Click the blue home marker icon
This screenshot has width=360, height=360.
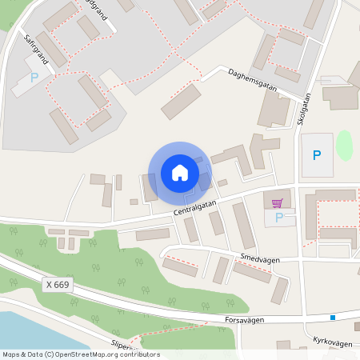tap(179, 173)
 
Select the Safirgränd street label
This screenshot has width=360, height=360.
tap(37, 49)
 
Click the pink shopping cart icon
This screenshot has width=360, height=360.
tap(277, 203)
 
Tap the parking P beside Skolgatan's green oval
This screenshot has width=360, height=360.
tap(317, 155)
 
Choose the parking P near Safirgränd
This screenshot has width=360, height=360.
tap(34, 78)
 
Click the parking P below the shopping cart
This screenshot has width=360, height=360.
tap(278, 217)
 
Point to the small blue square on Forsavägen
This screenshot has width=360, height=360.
tap(332, 318)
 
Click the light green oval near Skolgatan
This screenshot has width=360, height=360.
tap(344, 145)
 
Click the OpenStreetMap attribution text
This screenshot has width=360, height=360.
tap(80, 354)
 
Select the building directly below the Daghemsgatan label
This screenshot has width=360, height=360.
tap(182, 102)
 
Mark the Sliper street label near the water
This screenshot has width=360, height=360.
tap(124, 346)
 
